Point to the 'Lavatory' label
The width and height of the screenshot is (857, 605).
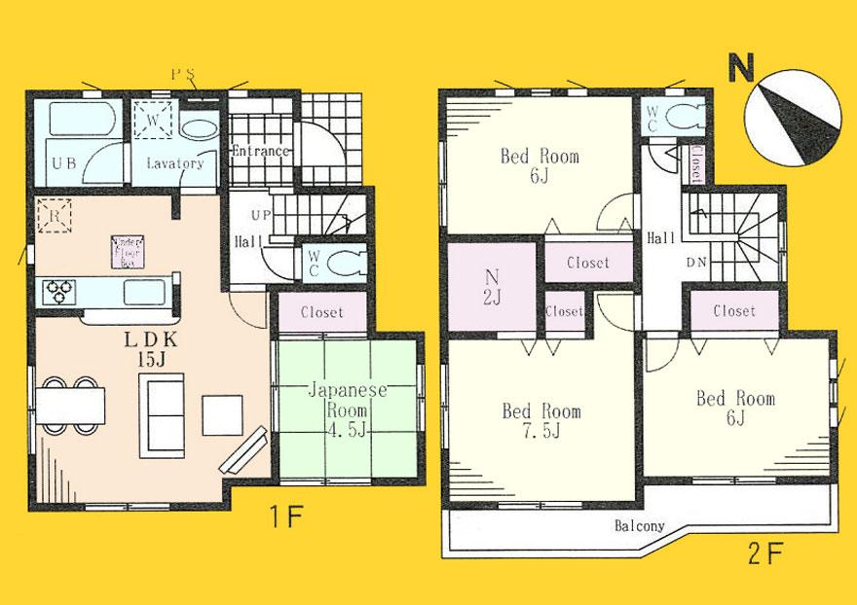[x=175, y=163]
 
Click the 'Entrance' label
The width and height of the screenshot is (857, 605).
[x=260, y=151]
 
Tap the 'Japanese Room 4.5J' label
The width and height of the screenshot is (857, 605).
[x=348, y=408]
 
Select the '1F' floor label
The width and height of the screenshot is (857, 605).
[x=289, y=516]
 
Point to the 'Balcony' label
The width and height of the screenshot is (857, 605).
[x=639, y=526]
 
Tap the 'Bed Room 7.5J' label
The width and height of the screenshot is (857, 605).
[x=541, y=420]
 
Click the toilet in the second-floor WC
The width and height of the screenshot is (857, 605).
[x=686, y=114]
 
